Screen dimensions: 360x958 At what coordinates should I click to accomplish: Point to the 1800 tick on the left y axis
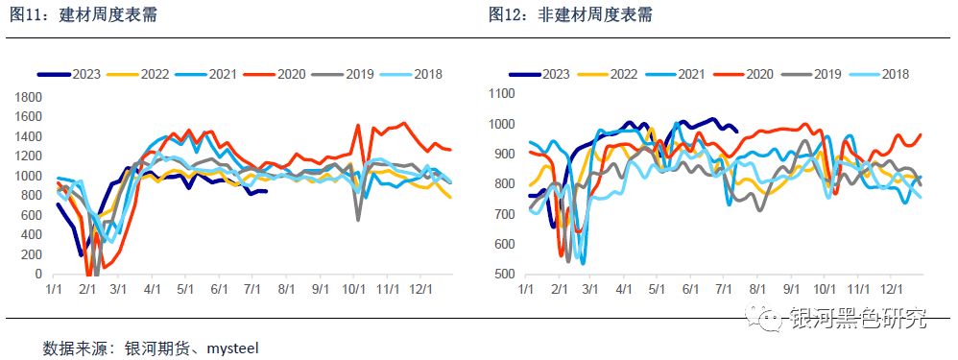(x=30, y=97)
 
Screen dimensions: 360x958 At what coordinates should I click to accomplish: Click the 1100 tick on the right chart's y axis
(x=502, y=93)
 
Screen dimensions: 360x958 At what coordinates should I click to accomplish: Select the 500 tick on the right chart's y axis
(x=506, y=275)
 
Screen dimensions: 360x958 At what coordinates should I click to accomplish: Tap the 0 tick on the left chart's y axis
(x=39, y=275)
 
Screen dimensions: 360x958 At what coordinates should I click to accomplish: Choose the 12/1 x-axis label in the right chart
(x=892, y=288)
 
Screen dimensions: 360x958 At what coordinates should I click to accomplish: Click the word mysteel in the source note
(x=232, y=347)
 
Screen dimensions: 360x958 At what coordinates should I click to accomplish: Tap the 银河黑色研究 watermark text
(x=859, y=318)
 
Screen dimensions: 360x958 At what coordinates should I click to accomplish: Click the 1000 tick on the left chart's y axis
(x=30, y=177)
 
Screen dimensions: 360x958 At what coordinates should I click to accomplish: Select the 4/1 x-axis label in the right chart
(x=623, y=288)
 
